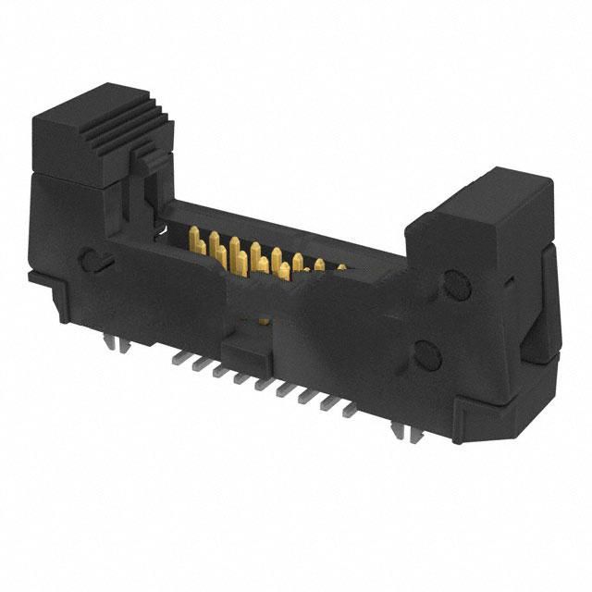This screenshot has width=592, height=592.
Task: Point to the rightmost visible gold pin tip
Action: point(340,267)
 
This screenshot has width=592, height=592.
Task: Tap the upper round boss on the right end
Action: point(454,281)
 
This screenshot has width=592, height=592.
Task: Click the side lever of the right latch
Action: point(540,305)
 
